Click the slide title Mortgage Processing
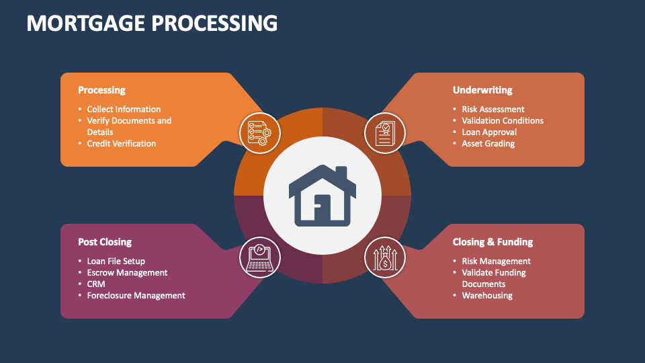click(x=152, y=23)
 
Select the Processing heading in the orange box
click(x=101, y=90)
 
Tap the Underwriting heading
click(x=482, y=90)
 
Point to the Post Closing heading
click(x=105, y=242)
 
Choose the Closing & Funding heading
click(x=492, y=242)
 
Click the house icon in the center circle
click(x=322, y=195)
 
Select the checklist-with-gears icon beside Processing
click(x=256, y=130)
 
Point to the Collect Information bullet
click(x=124, y=110)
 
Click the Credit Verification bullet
click(x=121, y=144)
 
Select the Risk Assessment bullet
click(x=493, y=110)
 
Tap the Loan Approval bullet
click(x=489, y=132)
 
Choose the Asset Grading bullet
click(x=488, y=144)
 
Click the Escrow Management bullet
click(x=127, y=273)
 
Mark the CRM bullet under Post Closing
click(x=96, y=284)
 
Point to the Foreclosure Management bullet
click(x=136, y=296)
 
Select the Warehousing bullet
click(x=487, y=296)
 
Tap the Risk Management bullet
click(x=496, y=261)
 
